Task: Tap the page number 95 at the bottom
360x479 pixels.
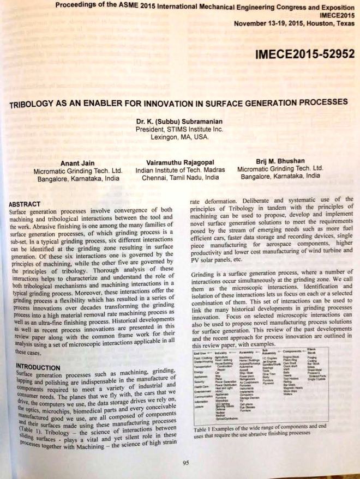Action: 185,463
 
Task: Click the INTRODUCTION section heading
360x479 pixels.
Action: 35,367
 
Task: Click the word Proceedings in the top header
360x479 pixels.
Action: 82,7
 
